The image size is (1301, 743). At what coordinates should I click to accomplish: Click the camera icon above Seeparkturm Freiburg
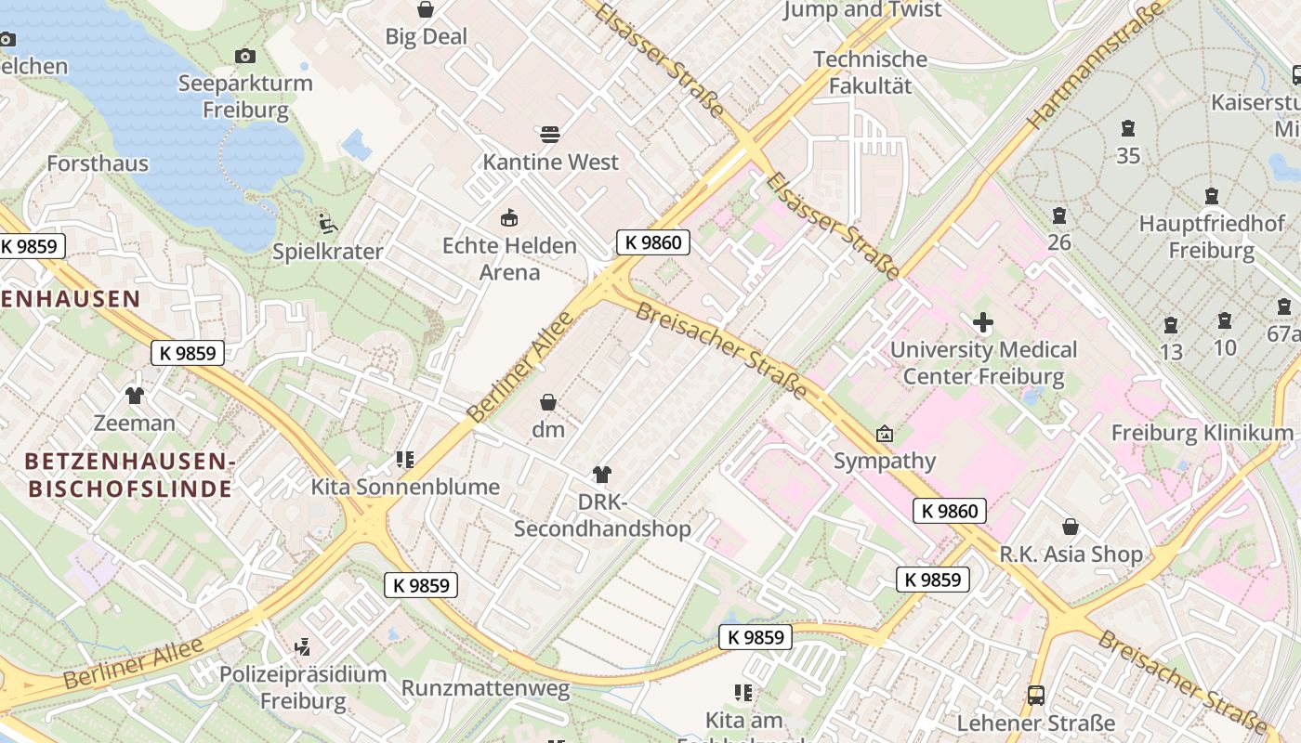(x=245, y=57)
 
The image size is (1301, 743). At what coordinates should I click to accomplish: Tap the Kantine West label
(x=550, y=163)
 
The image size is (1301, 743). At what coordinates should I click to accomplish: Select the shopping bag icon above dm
(x=548, y=402)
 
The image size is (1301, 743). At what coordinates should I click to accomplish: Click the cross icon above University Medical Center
(x=982, y=323)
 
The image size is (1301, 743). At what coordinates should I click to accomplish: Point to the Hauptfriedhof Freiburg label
(x=1212, y=237)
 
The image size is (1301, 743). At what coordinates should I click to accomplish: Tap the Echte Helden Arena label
(x=509, y=259)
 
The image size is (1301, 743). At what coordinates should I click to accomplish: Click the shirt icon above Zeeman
(x=135, y=396)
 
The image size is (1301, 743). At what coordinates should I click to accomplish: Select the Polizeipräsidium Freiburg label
(x=303, y=687)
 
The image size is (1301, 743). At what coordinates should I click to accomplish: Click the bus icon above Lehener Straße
(x=1035, y=695)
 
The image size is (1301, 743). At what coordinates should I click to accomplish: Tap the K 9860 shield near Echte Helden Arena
(x=653, y=243)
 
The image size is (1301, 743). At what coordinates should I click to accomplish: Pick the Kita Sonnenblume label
(x=405, y=487)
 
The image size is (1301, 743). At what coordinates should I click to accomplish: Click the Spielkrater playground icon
(x=327, y=223)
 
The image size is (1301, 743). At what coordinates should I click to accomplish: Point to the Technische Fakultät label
(x=870, y=72)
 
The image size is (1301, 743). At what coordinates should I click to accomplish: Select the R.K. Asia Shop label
(x=1071, y=554)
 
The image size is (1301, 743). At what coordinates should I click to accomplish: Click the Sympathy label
(x=884, y=461)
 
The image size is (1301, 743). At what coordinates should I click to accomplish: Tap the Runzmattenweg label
(x=485, y=689)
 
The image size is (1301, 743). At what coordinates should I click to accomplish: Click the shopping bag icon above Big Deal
(x=426, y=9)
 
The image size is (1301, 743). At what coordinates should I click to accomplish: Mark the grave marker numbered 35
(x=1128, y=128)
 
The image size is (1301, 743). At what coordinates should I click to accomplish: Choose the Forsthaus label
(x=98, y=163)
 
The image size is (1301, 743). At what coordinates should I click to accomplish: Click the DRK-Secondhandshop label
(x=602, y=516)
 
